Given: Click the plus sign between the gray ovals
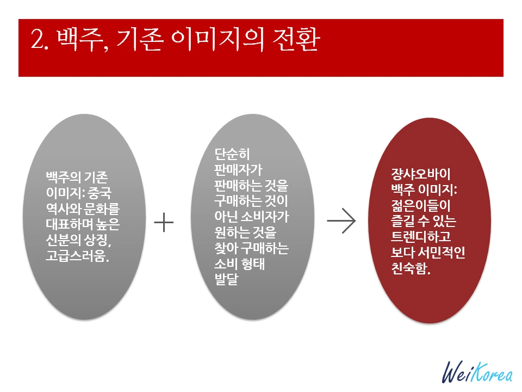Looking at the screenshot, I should pyautogui.click(x=164, y=223).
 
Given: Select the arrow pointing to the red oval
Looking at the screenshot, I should pyautogui.click(x=341, y=221).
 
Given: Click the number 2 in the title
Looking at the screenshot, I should pyautogui.click(x=37, y=42).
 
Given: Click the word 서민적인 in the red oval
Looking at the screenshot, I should pyautogui.click(x=438, y=253).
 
